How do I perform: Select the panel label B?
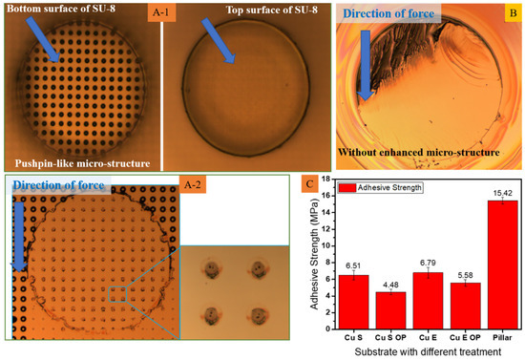point(513,14)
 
